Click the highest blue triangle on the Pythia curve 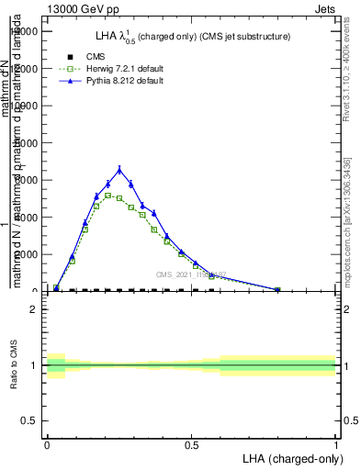click(x=119, y=169)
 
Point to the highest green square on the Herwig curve click(x=107, y=196)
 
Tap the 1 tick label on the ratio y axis click(x=33, y=365)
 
